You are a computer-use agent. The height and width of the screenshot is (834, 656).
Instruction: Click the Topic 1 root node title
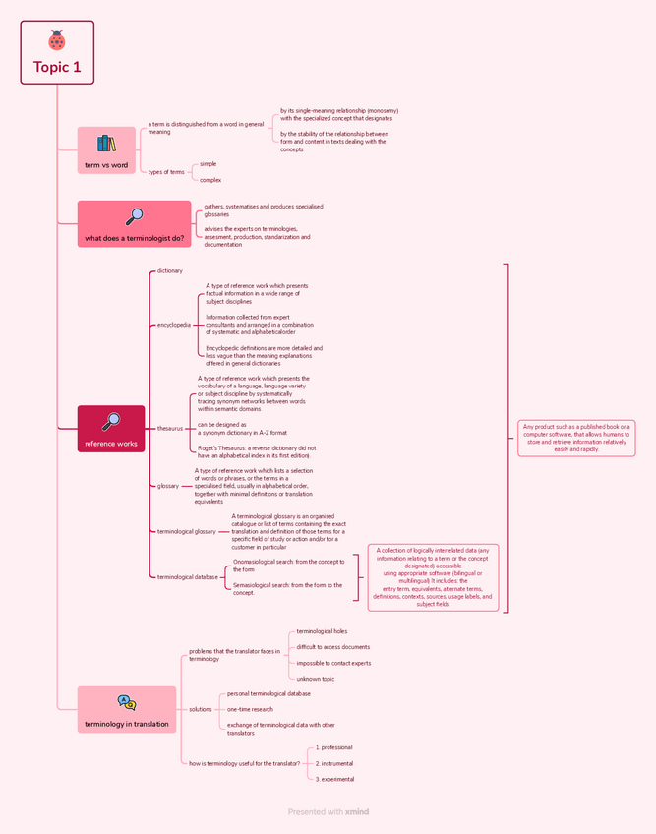(x=57, y=68)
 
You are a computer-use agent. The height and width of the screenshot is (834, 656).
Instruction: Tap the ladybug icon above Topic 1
(x=57, y=40)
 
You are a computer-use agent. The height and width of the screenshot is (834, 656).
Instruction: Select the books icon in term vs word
(x=106, y=144)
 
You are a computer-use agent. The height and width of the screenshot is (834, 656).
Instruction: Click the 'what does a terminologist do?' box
(x=135, y=224)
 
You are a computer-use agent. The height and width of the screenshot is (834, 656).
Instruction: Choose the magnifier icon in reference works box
(x=111, y=421)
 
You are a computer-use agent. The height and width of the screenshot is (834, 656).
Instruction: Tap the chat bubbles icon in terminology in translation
(x=127, y=703)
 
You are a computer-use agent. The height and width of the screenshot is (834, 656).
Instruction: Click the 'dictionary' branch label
(x=169, y=270)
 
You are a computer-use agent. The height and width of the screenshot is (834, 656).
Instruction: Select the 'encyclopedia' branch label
(x=174, y=325)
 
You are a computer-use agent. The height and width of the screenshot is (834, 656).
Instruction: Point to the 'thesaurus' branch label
(x=170, y=429)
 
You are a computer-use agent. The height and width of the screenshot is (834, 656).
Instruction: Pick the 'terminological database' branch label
(x=188, y=577)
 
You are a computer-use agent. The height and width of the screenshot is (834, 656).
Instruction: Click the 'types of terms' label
(x=166, y=172)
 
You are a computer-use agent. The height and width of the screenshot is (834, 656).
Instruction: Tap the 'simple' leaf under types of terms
(x=208, y=164)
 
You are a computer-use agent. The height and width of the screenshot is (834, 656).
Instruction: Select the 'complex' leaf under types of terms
(x=210, y=180)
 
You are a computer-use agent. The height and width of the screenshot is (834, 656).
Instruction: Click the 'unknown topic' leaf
(x=316, y=679)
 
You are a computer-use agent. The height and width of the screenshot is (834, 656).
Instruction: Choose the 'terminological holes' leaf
(x=322, y=631)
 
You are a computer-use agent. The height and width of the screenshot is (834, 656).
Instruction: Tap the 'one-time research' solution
(x=250, y=709)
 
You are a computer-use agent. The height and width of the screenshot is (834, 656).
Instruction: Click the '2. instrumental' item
(x=334, y=763)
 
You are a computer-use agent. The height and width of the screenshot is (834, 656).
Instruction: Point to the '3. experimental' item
(x=334, y=779)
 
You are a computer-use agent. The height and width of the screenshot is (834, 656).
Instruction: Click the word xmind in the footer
(x=357, y=812)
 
